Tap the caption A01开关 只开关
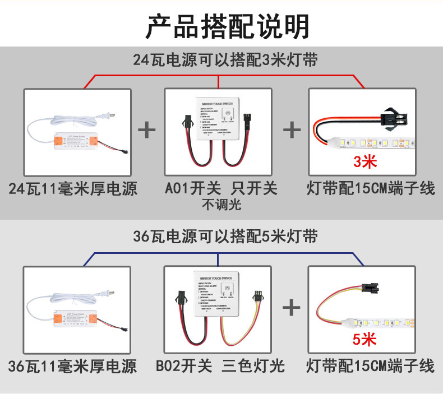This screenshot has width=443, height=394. click(221, 188)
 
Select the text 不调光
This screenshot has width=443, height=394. click(221, 205)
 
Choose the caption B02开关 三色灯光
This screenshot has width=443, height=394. click(221, 367)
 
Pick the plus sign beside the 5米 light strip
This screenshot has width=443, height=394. click(292, 307)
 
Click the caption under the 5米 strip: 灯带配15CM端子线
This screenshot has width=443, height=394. click(370, 367)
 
